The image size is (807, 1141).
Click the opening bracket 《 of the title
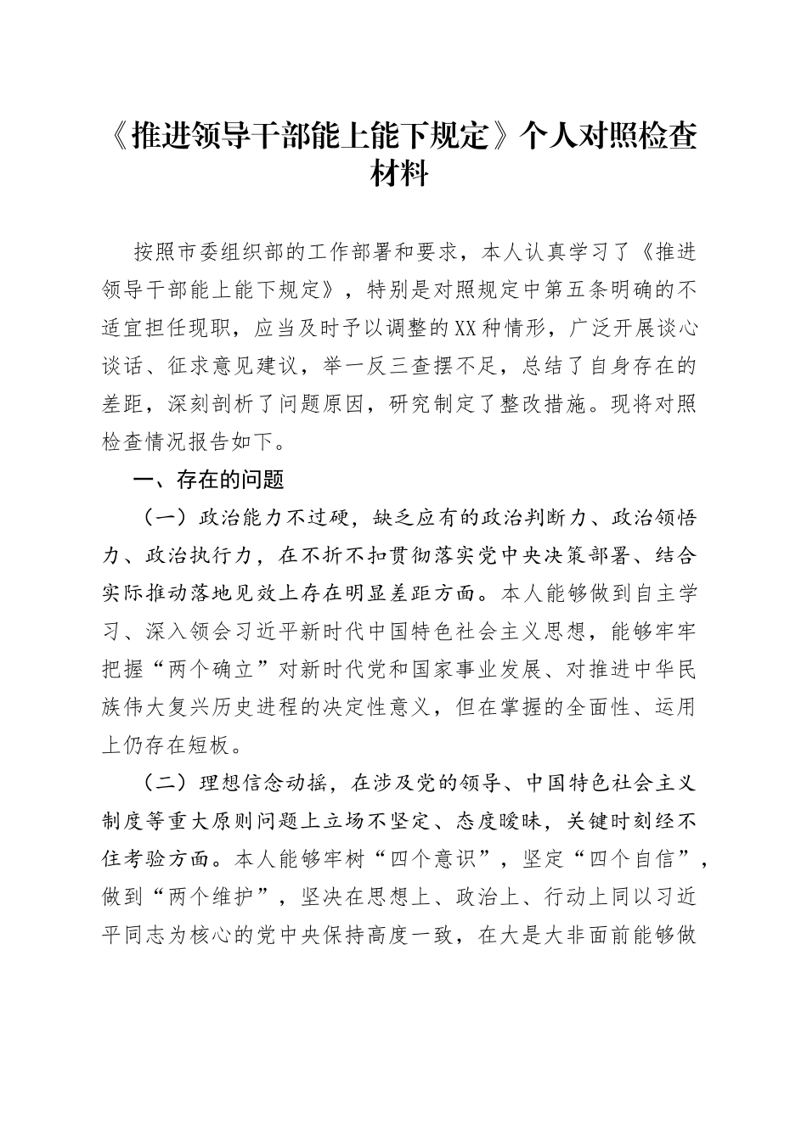coord(121,136)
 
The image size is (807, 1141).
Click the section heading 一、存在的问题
coord(208,481)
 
